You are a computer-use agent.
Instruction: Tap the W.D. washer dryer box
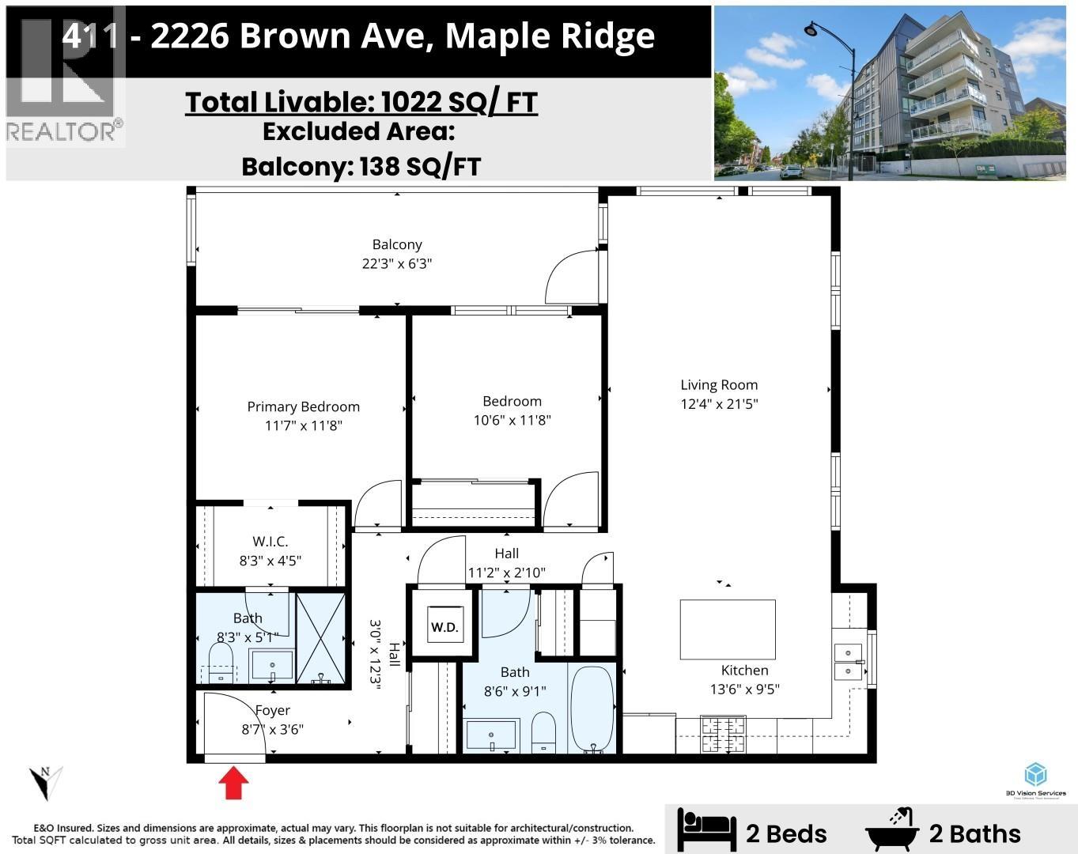(x=444, y=627)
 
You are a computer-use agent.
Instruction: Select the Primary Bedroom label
(x=303, y=406)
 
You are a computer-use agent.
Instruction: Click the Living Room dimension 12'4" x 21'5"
(x=719, y=404)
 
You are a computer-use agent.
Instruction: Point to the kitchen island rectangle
(x=727, y=629)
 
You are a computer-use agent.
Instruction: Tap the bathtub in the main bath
(x=592, y=709)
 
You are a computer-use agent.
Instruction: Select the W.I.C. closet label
(x=270, y=542)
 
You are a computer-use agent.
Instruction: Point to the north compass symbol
(x=46, y=781)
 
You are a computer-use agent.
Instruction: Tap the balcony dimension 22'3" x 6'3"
(x=397, y=263)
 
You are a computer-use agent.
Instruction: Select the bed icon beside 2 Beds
(x=706, y=830)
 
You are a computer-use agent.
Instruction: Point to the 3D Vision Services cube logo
(x=1035, y=775)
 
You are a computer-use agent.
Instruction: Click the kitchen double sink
(x=848, y=662)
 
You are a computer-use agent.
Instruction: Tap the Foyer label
(x=272, y=710)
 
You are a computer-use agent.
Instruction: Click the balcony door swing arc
(x=569, y=277)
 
